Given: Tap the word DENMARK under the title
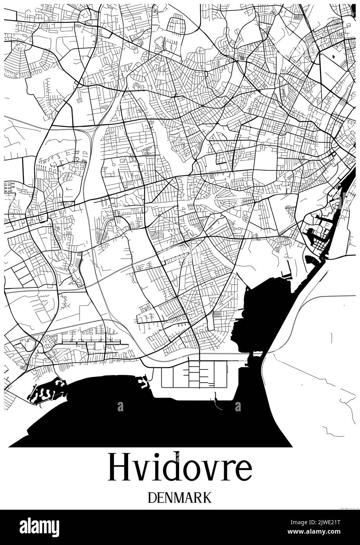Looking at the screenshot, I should [180, 498].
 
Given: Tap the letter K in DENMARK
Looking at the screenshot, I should [206, 498].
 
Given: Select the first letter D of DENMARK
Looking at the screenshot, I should [153, 498].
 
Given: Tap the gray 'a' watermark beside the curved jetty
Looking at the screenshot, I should [238, 407].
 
